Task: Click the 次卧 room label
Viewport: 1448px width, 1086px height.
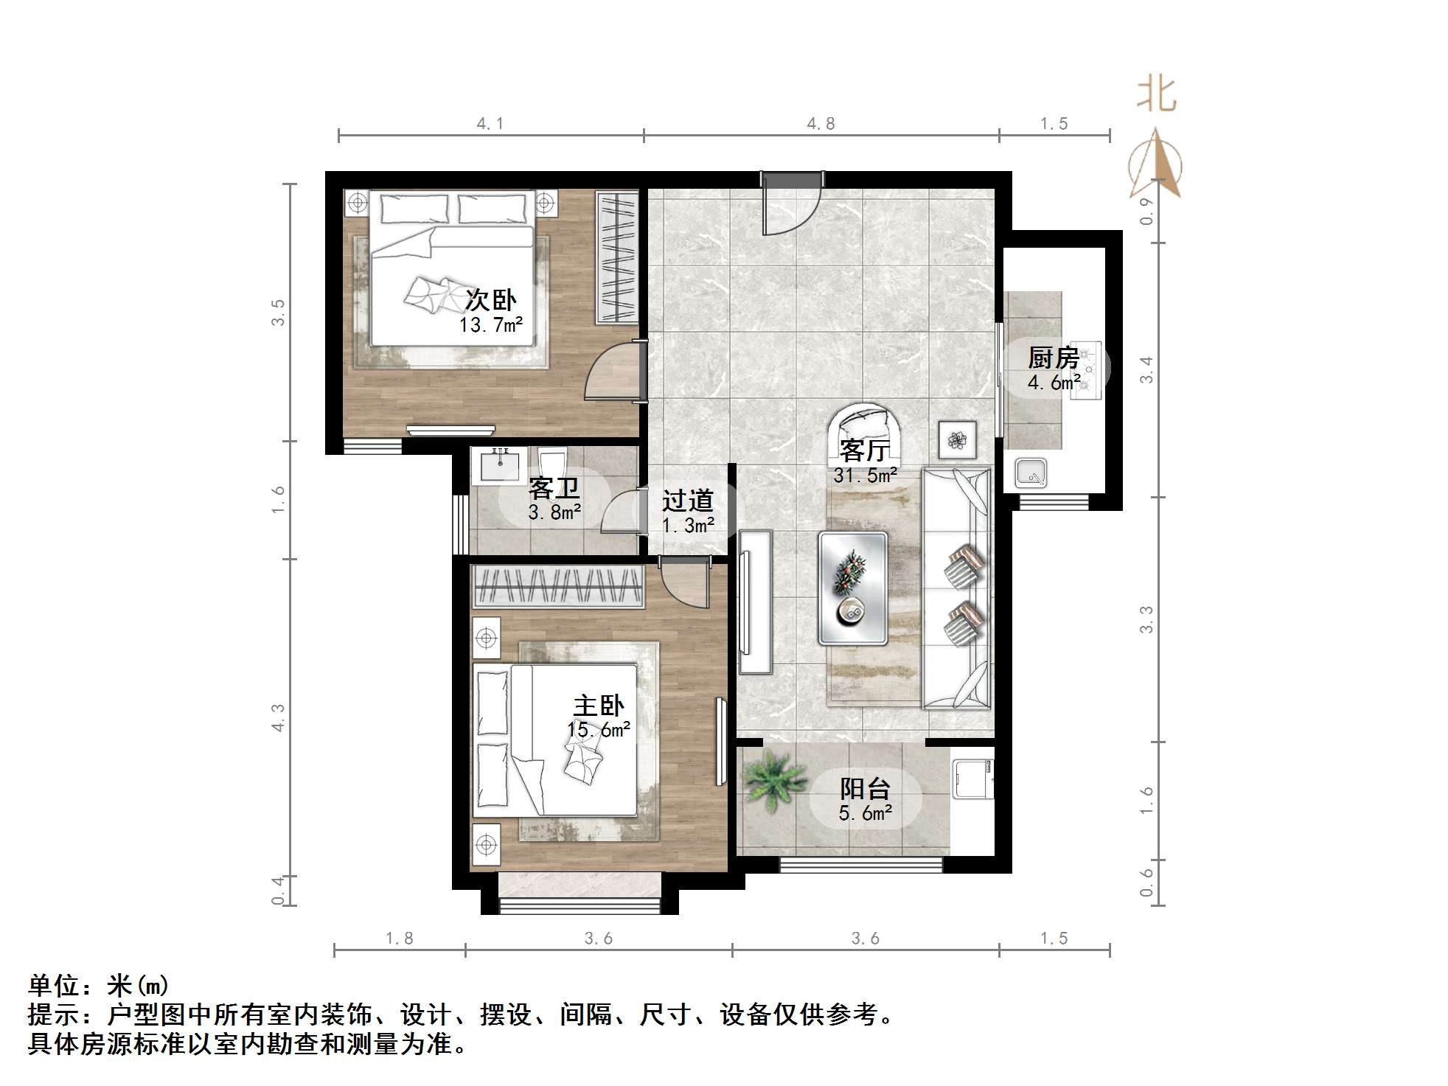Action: [490, 301]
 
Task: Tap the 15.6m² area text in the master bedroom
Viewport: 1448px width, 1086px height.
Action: [598, 730]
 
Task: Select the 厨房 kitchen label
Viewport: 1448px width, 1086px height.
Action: [1054, 358]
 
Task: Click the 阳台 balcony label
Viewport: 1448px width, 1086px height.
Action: [865, 789]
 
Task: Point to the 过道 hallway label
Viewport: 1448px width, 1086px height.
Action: [687, 501]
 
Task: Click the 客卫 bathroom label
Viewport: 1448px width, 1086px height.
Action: [554, 488]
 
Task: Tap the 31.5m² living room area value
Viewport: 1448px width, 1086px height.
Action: [865, 476]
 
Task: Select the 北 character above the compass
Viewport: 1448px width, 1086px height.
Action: [1156, 96]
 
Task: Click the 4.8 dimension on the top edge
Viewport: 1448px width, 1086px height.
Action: [820, 124]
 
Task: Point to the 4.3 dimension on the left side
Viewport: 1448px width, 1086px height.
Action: [278, 717]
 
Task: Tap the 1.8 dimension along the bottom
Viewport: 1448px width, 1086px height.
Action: [399, 939]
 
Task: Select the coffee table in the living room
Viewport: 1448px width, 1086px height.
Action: [852, 588]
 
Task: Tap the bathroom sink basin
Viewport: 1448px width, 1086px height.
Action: [499, 464]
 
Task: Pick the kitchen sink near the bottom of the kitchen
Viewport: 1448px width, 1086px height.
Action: [1031, 473]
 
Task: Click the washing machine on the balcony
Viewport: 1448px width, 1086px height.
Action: [972, 779]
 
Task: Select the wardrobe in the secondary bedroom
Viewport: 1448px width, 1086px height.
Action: [616, 257]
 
